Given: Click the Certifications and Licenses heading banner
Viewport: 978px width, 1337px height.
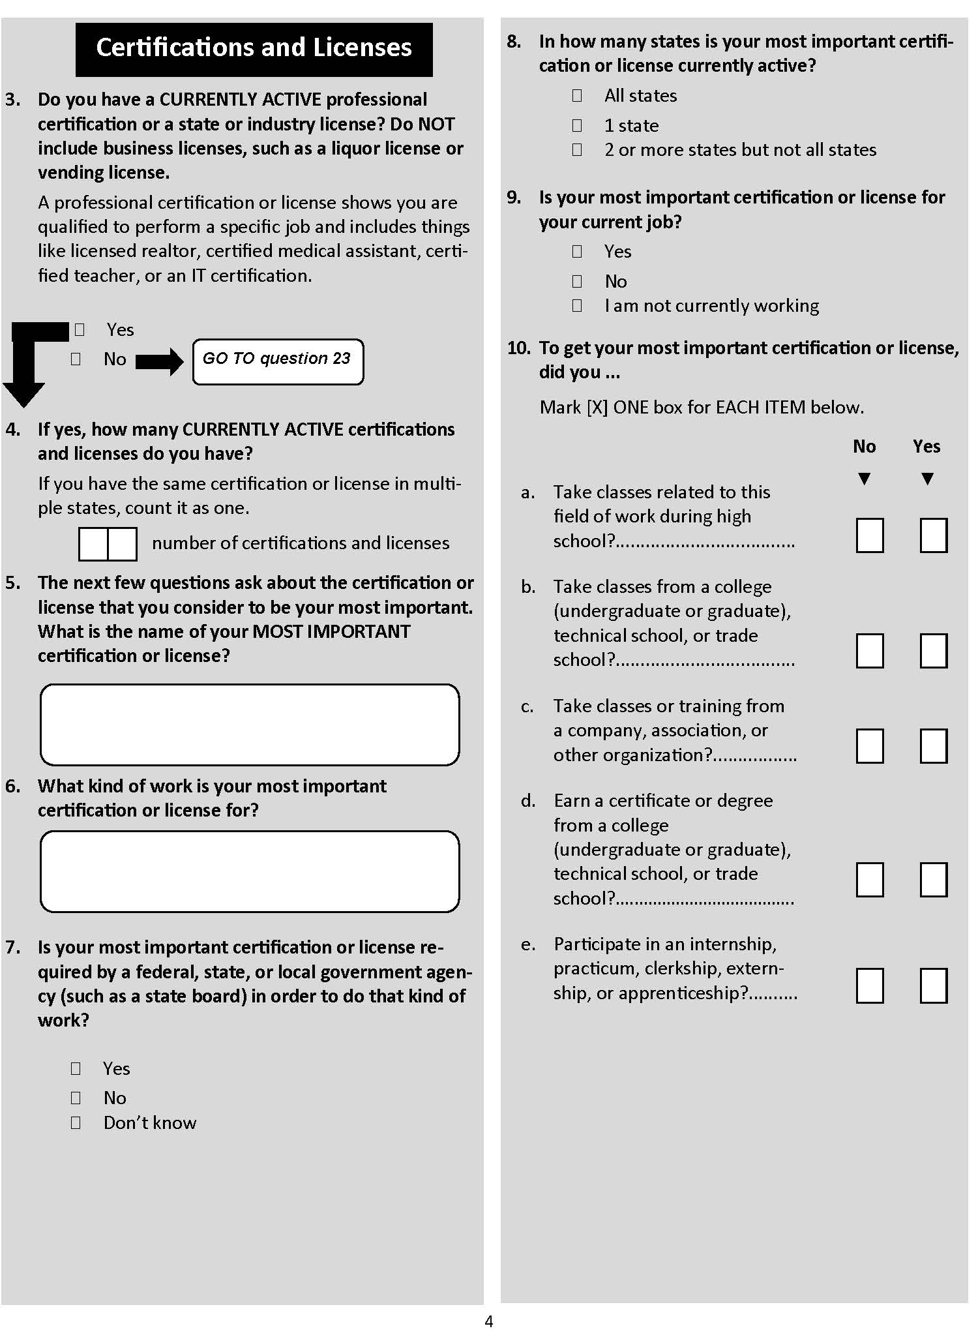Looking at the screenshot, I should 254,49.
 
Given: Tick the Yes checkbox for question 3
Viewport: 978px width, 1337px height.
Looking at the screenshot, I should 80,329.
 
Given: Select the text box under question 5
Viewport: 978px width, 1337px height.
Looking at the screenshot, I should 250,725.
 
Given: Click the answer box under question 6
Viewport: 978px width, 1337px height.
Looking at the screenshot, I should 250,871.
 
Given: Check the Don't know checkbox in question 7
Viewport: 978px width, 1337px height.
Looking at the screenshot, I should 76,1122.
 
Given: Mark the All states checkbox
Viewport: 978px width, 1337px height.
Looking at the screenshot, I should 577,96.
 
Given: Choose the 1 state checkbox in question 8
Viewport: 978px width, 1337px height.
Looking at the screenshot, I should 577,125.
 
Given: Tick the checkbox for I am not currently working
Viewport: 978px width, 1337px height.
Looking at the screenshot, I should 577,305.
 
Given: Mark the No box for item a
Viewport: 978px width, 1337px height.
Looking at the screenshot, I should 869,535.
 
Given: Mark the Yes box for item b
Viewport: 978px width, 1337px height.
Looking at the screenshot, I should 933,651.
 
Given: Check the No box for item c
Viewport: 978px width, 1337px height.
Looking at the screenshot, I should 869,746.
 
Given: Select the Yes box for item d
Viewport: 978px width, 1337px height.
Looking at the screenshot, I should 933,880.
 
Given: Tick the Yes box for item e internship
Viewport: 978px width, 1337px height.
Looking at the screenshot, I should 933,985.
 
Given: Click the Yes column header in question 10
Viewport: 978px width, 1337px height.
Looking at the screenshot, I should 926,447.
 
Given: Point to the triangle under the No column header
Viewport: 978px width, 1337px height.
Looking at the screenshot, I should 865,479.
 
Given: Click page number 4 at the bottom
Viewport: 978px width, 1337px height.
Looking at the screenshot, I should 489,1321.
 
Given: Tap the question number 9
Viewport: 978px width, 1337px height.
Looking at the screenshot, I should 514,197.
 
